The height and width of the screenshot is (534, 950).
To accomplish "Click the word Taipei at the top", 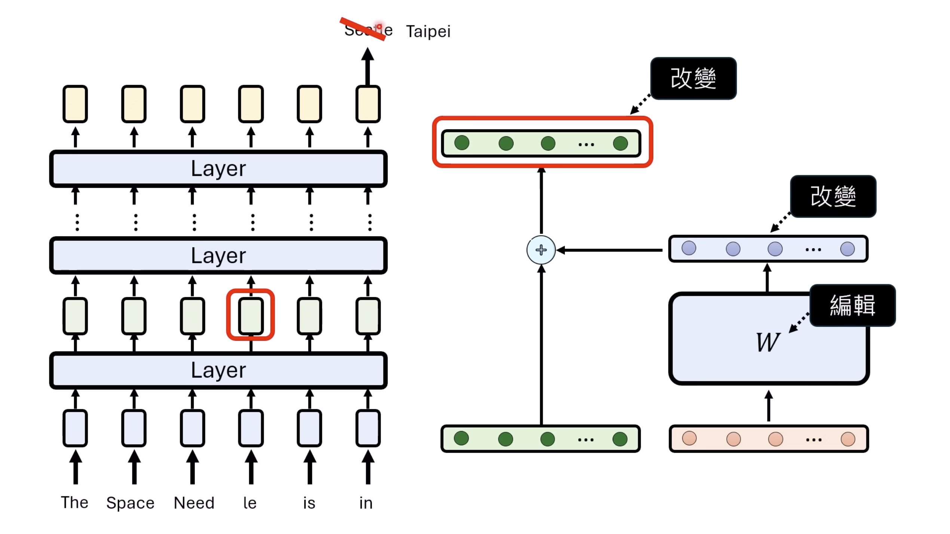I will pos(428,31).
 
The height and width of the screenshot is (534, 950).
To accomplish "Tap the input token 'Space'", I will pos(130,503).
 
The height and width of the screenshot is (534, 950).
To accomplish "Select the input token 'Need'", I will pos(194,503).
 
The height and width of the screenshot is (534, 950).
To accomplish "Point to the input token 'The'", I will pos(75,503).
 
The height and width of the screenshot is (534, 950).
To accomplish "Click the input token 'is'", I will pos(309,503).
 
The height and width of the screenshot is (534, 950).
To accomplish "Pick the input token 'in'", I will pos(366,503).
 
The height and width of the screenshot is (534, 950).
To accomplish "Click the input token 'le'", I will pos(250,503).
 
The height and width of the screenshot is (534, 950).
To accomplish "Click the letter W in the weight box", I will pos(767,342).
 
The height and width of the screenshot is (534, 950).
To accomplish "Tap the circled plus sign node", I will pos(541,250).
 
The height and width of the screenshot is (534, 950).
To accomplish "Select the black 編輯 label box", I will pos(852,305).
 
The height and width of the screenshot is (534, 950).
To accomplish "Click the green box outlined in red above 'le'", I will pos(251,315).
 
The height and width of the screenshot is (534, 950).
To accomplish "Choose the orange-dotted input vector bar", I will pos(768,439).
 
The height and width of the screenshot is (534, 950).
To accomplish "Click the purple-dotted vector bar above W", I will pos(768,249).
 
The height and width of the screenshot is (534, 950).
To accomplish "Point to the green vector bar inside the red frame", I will pos(541,143).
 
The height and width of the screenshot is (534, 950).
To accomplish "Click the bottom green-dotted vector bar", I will pos(540,439).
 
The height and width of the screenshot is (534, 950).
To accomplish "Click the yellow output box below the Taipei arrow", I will pos(368,104).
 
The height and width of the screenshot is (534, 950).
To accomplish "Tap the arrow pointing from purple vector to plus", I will pos(610,250).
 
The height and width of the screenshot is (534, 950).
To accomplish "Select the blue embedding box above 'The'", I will pos(75,428).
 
